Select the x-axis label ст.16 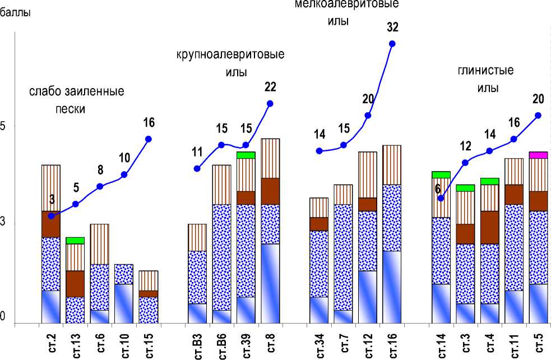[392, 341]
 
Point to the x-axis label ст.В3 [197, 341]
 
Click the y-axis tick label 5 [3, 126]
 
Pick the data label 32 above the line [392, 26]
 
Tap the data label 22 [270, 86]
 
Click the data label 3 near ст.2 [52, 199]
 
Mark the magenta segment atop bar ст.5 [538, 155]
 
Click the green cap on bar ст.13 [75, 241]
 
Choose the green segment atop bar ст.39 [246, 155]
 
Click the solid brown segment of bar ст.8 [270, 191]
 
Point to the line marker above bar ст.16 [392, 43]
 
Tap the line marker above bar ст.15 [149, 139]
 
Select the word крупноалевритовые [230, 55]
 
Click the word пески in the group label [71, 109]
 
